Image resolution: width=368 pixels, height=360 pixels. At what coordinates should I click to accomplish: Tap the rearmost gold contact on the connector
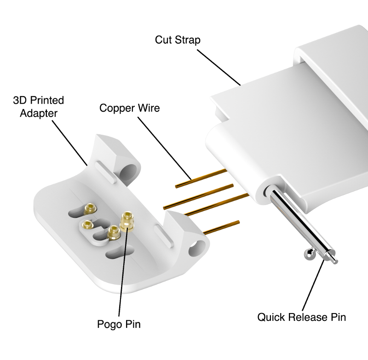[91, 209]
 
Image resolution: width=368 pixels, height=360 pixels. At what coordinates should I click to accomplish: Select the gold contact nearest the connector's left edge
[86, 224]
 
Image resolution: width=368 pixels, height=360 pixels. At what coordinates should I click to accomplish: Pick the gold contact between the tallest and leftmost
[112, 234]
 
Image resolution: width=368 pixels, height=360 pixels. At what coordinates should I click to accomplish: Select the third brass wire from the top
[216, 204]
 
